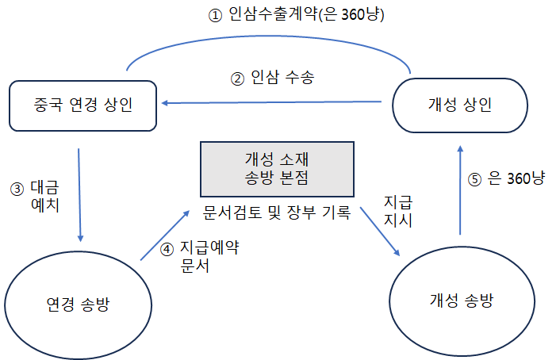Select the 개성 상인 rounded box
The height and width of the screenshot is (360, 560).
[x=460, y=104]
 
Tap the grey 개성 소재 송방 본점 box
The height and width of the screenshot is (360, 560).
[x=277, y=168]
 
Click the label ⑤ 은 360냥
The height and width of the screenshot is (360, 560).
[x=507, y=180]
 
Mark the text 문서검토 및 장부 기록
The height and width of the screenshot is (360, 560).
[x=277, y=213]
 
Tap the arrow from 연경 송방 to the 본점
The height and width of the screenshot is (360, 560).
[x=165, y=236]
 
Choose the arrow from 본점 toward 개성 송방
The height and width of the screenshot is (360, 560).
[x=379, y=230]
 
